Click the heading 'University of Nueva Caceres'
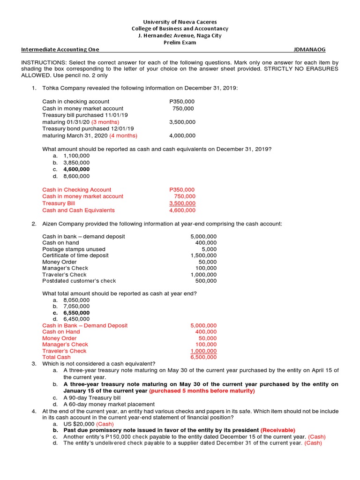[180, 22]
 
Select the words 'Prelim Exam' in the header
[180, 42]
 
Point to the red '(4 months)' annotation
[123, 135]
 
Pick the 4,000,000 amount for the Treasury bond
[182, 135]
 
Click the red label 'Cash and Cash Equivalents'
[78, 210]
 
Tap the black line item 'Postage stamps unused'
[74, 249]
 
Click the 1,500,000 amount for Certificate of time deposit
[203, 255]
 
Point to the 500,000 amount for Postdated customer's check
[206, 281]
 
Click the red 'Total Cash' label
[56, 357]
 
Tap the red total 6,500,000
[203, 357]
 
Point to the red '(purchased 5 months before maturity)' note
[202, 390]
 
